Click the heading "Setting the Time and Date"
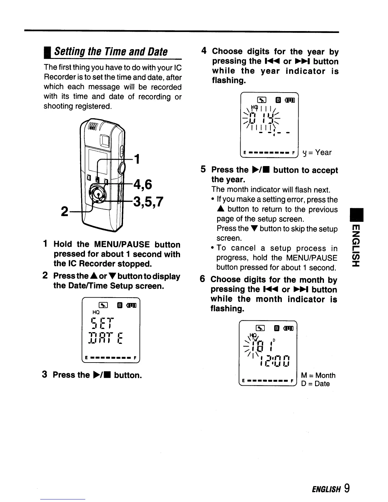[111, 51]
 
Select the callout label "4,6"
[143, 184]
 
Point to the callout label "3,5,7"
[148, 202]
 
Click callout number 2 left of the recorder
[64, 211]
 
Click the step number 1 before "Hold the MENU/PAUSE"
[46, 244]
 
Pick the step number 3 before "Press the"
[45, 375]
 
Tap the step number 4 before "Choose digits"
[204, 51]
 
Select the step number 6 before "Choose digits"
[203, 279]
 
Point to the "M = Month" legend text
[318, 376]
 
